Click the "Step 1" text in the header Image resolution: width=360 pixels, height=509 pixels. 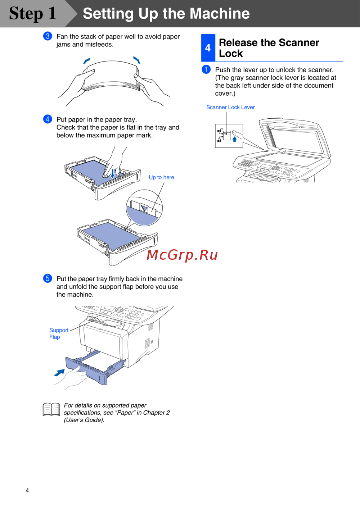coord(33,13)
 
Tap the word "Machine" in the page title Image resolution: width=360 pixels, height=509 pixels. coord(220,13)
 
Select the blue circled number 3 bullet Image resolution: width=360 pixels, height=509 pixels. coord(48,36)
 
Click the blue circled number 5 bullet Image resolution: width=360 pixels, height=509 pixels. coord(48,278)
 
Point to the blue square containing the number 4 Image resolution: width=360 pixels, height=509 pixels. coord(208,48)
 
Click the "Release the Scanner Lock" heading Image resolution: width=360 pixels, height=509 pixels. coord(269,48)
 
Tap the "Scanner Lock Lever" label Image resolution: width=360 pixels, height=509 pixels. coord(230,107)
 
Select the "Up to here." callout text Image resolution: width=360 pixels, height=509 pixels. coord(162,177)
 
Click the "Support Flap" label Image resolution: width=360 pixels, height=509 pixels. coord(59,333)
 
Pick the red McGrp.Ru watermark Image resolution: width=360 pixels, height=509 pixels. coord(182,255)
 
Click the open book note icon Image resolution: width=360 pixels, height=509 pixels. coord(51,409)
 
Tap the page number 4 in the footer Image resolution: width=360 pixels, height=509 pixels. coord(27,490)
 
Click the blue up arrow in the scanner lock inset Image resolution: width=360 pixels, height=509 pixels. coord(234,139)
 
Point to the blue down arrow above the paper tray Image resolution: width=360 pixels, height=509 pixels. coord(112,174)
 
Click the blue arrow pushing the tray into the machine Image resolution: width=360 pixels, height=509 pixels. coord(59,372)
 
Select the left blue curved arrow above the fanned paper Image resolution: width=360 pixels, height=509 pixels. coord(86,61)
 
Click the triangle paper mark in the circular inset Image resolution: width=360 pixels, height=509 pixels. coord(144,208)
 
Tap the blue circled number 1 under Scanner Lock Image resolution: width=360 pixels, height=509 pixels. coord(206,69)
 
